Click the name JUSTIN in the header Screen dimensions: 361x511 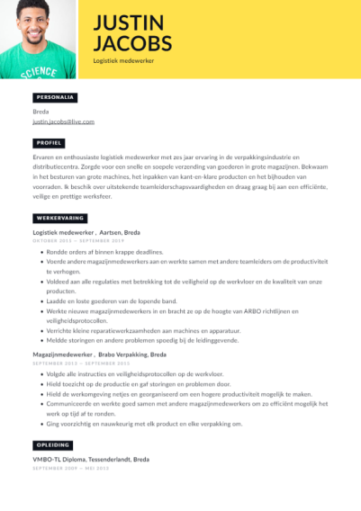128,22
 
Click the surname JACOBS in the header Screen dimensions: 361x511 132,43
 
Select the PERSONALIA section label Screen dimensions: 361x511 55,96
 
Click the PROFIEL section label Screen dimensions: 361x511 50,142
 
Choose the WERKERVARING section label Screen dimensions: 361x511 59,219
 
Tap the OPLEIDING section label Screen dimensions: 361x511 52,444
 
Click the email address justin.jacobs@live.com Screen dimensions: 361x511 63,121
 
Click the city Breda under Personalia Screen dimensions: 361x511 41,112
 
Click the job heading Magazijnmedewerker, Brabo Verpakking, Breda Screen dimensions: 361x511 99,354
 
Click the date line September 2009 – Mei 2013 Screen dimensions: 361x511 70,468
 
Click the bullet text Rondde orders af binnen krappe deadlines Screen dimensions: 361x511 104,252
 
